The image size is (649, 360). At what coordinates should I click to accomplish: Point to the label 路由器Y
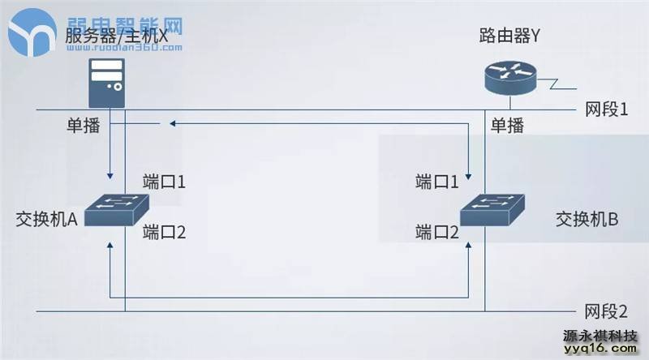pyautogui.click(x=509, y=36)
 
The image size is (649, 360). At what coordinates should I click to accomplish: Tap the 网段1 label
pyautogui.click(x=606, y=109)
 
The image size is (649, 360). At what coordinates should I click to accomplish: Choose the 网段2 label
pyautogui.click(x=606, y=311)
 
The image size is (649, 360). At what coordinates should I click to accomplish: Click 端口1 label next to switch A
pyautogui.click(x=165, y=180)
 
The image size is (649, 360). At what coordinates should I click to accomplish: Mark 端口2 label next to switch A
pyautogui.click(x=165, y=233)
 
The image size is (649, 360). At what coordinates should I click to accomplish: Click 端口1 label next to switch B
pyautogui.click(x=437, y=180)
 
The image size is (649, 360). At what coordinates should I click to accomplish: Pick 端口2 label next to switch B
pyautogui.click(x=437, y=233)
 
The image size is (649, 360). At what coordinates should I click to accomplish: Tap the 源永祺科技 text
pyautogui.click(x=601, y=334)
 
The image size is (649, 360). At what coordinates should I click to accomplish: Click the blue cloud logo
pyautogui.click(x=33, y=32)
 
